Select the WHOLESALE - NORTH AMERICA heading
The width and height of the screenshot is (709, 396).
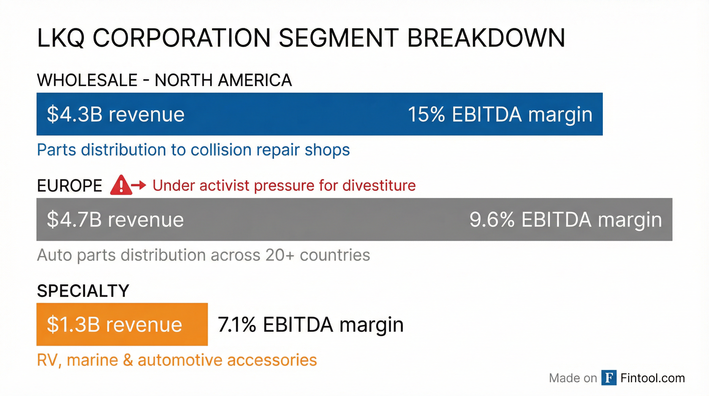[164, 80]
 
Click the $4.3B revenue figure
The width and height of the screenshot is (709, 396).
[116, 114]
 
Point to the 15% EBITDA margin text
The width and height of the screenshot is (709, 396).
[500, 114]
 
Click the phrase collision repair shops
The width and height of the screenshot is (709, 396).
[270, 150]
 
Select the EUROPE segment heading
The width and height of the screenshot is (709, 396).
[69, 186]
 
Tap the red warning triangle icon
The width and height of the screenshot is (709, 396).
[121, 185]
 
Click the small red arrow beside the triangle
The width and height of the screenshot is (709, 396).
[139, 185]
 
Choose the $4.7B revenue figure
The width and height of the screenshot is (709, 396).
[115, 220]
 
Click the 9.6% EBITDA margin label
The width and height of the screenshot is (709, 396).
[565, 220]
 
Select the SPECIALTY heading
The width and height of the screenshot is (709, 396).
[83, 291]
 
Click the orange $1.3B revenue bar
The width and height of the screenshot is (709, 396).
[122, 324]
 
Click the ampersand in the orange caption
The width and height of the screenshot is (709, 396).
[128, 360]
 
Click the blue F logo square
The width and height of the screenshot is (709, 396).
[609, 378]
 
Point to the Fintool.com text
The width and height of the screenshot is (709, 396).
[653, 378]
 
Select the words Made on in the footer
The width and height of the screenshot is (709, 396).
[573, 378]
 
